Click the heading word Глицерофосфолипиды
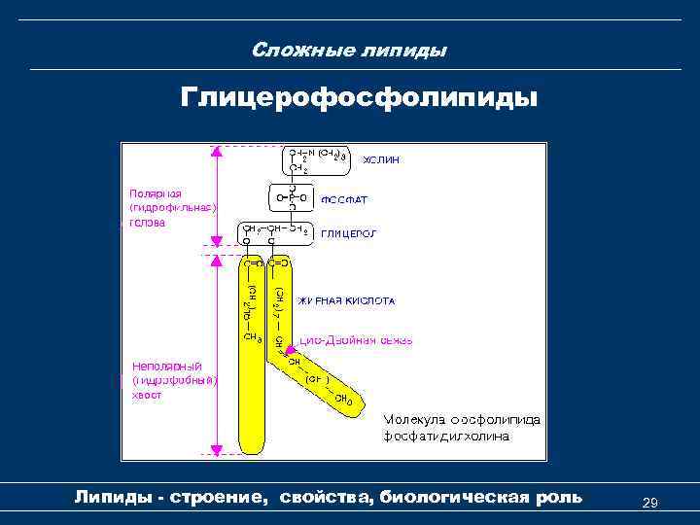click(x=358, y=99)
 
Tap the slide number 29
click(x=651, y=503)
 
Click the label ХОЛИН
click(x=382, y=158)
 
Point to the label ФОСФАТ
click(x=345, y=199)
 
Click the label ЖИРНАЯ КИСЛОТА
click(x=346, y=301)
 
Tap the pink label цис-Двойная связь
click(x=356, y=340)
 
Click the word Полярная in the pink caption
click(x=156, y=192)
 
